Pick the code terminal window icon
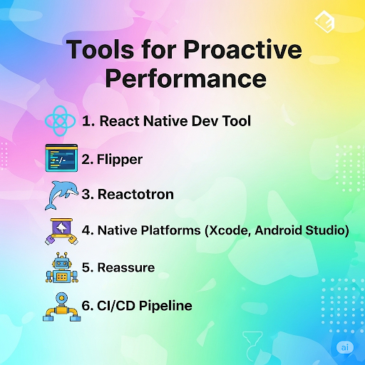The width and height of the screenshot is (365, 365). pyautogui.click(x=60, y=158)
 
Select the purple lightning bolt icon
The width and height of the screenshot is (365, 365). pyautogui.click(x=60, y=231)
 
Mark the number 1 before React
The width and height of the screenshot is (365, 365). pyautogui.click(x=86, y=121)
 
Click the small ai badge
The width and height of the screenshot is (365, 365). pyautogui.click(x=345, y=347)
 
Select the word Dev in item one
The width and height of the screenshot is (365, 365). pyautogui.click(x=208, y=121)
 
